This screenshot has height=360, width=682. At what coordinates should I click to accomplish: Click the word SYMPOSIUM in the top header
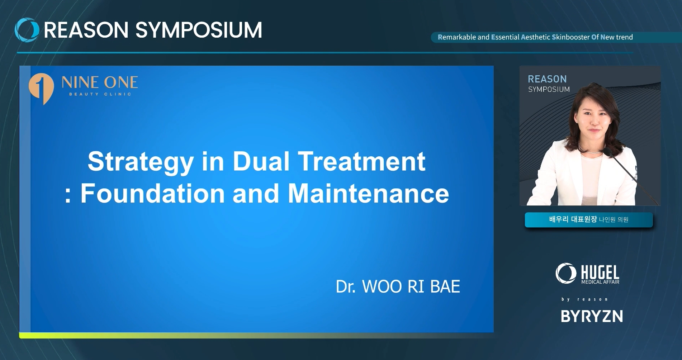pos(199,30)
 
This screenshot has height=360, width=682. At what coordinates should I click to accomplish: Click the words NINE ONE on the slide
pos(100,83)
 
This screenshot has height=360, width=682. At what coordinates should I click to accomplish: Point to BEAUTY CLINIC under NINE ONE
pos(100,94)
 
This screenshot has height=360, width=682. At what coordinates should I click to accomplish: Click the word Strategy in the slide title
pos(141,162)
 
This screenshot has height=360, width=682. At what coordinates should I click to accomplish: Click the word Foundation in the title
pos(152,193)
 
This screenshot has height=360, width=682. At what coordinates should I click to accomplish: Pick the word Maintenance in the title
pos(369,193)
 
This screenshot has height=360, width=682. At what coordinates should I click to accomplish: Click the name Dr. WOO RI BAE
pos(398,286)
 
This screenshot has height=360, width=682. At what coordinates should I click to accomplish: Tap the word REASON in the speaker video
pos(547,79)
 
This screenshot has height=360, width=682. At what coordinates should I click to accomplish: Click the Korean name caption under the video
pos(589,219)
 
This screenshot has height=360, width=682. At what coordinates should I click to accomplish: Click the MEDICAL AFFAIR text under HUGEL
pos(600,282)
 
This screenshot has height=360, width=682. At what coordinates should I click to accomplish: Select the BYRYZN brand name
pos(592,316)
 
